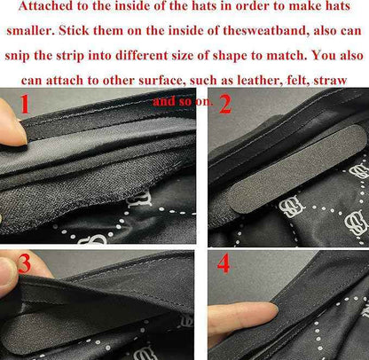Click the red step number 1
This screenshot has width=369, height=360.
click(25, 104)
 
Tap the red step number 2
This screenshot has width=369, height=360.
click(225, 105)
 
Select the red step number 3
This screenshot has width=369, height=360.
click(24, 264)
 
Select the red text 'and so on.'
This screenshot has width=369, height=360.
click(183, 101)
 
